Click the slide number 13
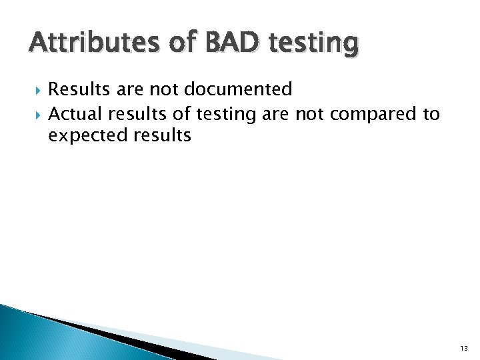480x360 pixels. [x=463, y=349]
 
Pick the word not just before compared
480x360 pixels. [x=309, y=115]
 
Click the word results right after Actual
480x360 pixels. [x=141, y=115]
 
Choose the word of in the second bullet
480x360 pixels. [x=182, y=115]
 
